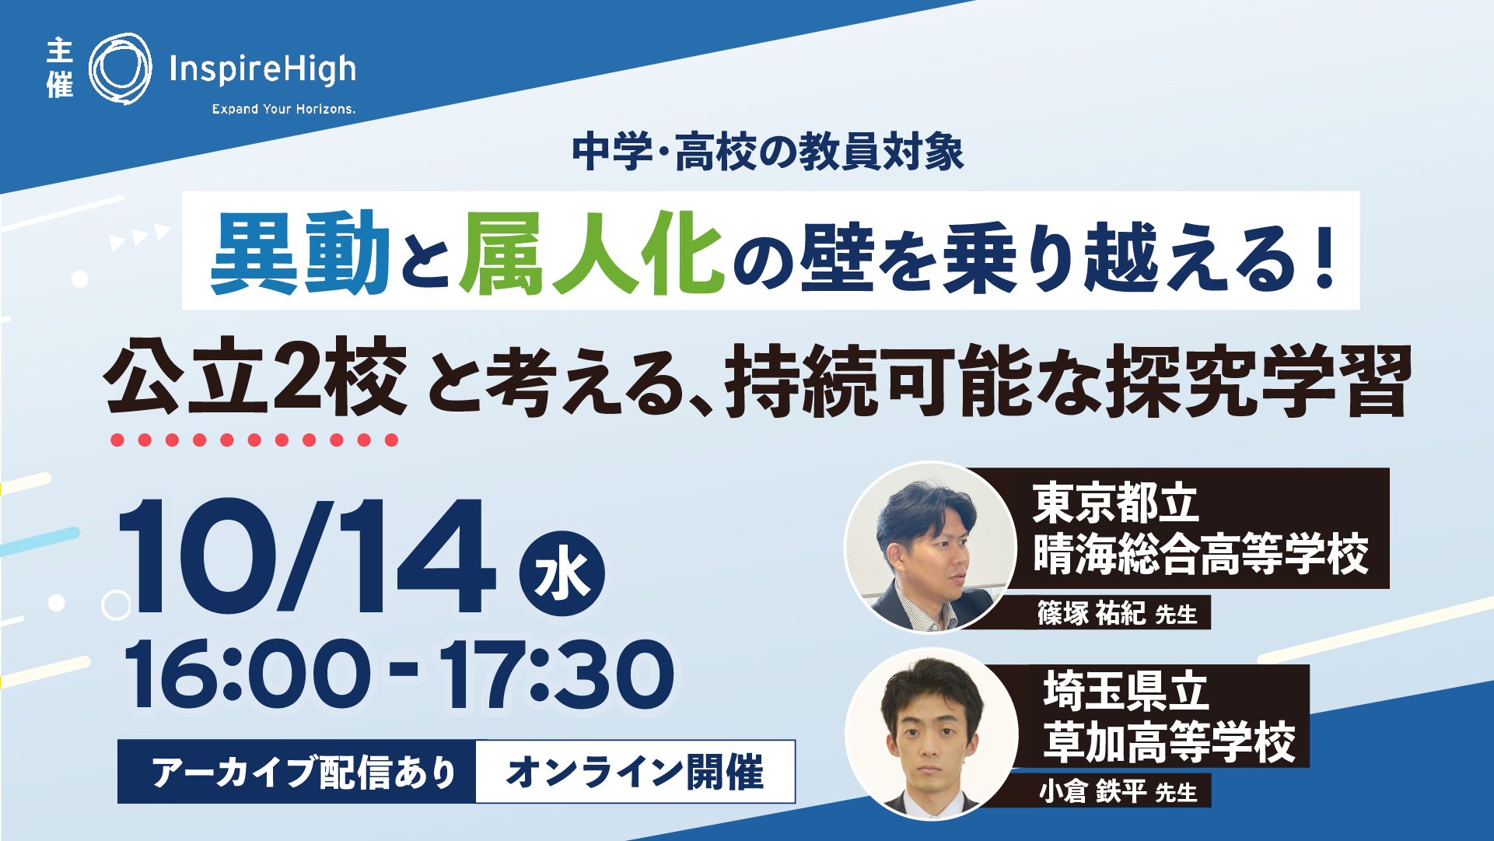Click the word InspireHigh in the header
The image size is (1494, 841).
[x=263, y=70]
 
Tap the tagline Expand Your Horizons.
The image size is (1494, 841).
[x=284, y=109]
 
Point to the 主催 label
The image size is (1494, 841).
[x=60, y=69]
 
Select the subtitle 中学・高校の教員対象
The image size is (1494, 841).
[x=768, y=152]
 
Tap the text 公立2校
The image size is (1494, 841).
[x=257, y=377]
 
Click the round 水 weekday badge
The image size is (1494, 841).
[x=562, y=574]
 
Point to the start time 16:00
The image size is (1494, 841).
[x=247, y=674]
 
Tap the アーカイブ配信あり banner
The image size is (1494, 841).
[x=297, y=772]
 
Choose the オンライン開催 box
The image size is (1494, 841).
[x=635, y=772]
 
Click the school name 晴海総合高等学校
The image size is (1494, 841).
[x=1201, y=554]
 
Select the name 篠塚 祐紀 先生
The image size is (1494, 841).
[x=1117, y=614]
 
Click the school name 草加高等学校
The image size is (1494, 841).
[x=1170, y=742]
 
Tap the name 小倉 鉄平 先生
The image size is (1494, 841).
[x=1118, y=792]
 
